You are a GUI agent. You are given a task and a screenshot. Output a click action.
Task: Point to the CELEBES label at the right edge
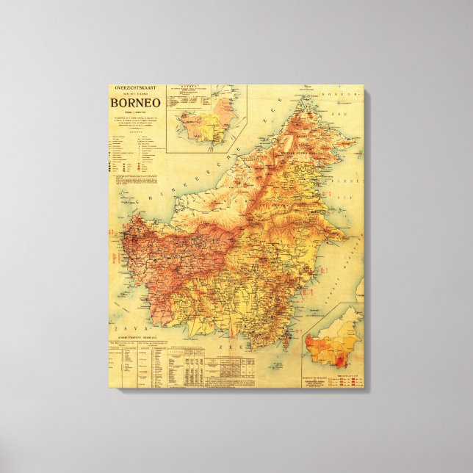358,176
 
